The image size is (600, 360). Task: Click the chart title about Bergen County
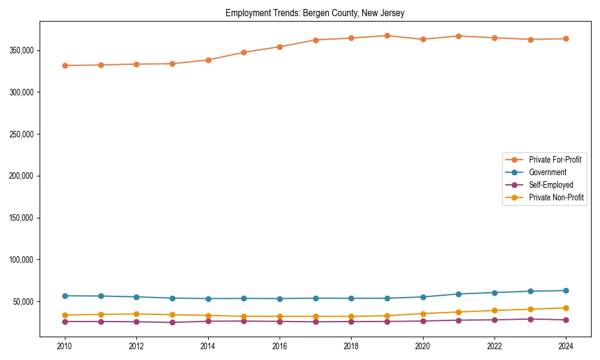315,13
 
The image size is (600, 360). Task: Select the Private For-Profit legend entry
555,160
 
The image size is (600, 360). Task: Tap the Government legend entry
547,172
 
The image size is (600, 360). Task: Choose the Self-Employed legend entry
551,185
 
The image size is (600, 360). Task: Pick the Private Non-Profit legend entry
556,197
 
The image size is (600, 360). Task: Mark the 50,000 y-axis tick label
25,301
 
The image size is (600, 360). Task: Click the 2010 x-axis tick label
65,346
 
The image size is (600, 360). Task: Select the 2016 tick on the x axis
280,346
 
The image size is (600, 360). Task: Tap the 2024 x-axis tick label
566,346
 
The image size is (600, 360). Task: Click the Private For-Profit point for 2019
387,36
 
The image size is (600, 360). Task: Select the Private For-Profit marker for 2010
65,65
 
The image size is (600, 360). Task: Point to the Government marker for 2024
566,290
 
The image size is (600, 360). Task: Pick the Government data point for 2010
65,296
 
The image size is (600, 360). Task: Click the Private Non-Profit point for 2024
566,308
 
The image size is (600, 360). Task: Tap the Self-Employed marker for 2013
172,322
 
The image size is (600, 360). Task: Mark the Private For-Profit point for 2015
244,52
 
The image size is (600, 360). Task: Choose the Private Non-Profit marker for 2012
137,314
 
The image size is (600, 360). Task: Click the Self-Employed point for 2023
530,319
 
